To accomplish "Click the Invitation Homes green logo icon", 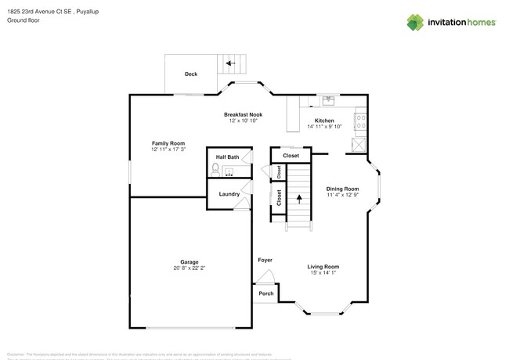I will pos(415,21).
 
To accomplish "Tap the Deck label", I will pos(190,74).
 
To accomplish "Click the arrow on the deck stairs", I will pos(229,63).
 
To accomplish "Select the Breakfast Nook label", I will pos(242,114).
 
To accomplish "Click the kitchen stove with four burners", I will pos(361,121).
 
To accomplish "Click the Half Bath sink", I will pos(230,170).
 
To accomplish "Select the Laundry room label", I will pos(229,194).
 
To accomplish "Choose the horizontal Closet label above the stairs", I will pos(291,156).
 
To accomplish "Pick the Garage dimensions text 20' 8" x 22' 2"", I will pos(189,268).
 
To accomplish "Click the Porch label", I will pos(265,294).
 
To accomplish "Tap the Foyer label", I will pos(265,259).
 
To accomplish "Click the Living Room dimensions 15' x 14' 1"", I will pos(323,272).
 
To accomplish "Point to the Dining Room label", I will pos(342,189).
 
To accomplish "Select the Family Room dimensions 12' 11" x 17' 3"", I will pos(168,149).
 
